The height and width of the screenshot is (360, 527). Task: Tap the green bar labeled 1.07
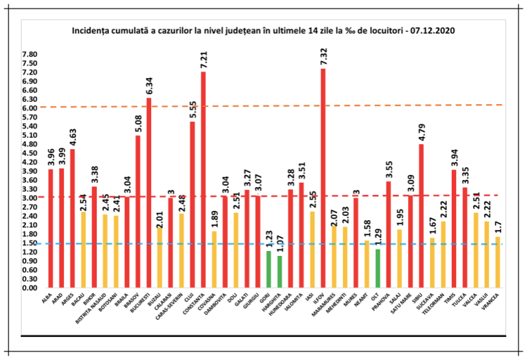[x=279, y=272]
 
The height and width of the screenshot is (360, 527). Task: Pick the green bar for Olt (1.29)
[x=377, y=268]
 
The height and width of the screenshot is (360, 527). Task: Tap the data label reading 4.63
[x=72, y=135]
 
